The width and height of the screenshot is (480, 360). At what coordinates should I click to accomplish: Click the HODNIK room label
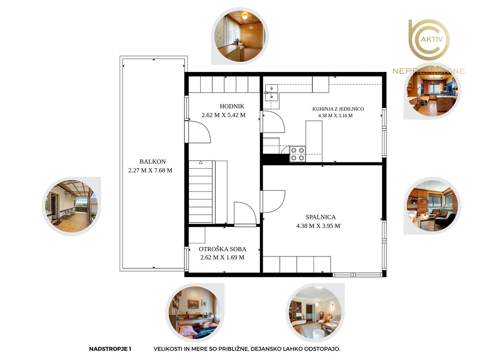tap(232, 106)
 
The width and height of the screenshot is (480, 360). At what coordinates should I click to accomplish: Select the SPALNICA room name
tap(320, 217)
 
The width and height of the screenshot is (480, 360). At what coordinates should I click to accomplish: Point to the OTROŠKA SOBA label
tap(223, 249)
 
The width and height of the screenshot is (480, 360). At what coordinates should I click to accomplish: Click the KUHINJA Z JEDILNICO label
tap(338, 109)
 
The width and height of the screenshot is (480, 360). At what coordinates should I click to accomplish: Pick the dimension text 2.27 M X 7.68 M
tap(150, 171)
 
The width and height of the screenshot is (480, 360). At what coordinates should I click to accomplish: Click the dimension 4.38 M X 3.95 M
tap(318, 226)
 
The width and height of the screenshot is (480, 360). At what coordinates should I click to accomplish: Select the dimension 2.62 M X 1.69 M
tap(222, 257)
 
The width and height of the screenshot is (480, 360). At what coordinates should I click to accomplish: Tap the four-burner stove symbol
tap(297, 154)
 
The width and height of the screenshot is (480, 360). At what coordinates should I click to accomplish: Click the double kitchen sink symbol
tap(272, 92)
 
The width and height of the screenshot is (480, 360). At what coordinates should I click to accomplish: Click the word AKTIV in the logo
tap(432, 39)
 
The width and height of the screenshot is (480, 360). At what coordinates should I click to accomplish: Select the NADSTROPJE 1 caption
tap(110, 349)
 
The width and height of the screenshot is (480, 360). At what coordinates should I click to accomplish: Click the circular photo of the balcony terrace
tap(72, 206)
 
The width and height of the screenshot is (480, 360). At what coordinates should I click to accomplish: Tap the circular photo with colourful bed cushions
tap(195, 313)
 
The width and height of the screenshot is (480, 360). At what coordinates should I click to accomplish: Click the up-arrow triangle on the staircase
tap(201, 162)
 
